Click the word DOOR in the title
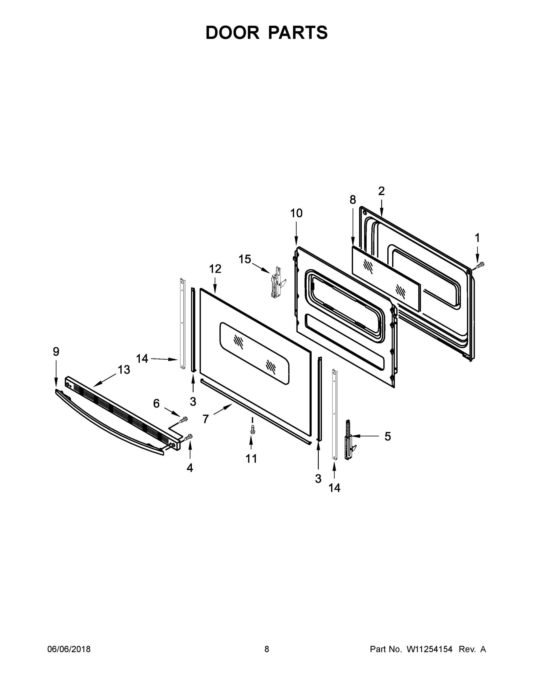[x=232, y=33]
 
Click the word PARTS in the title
[x=298, y=33]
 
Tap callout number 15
[x=245, y=259]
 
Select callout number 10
[x=296, y=213]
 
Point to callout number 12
[x=215, y=269]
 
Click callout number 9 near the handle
[x=56, y=352]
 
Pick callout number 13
[x=124, y=370]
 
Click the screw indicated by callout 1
[x=480, y=265]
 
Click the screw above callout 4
[x=189, y=437]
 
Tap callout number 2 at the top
[x=382, y=191]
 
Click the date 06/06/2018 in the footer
[x=69, y=649]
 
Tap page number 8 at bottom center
[x=267, y=649]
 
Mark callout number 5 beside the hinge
[x=388, y=436]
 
